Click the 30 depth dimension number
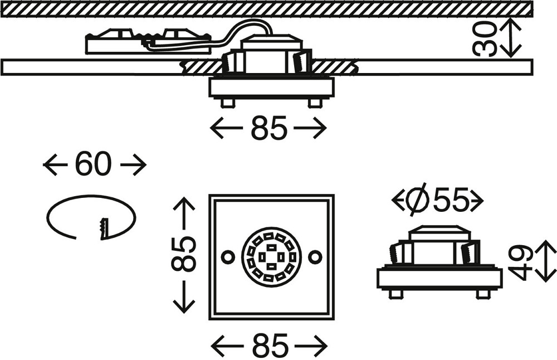coord(485,38)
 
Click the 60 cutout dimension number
coord(94,164)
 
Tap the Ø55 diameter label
coord(437,201)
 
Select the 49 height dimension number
coord(521,261)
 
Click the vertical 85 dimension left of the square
coord(183,255)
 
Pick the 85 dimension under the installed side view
coord(268,128)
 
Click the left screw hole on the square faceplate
coord(228,256)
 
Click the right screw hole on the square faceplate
coord(315,257)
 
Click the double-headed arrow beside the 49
coord(545,261)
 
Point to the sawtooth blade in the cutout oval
coord(104,228)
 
